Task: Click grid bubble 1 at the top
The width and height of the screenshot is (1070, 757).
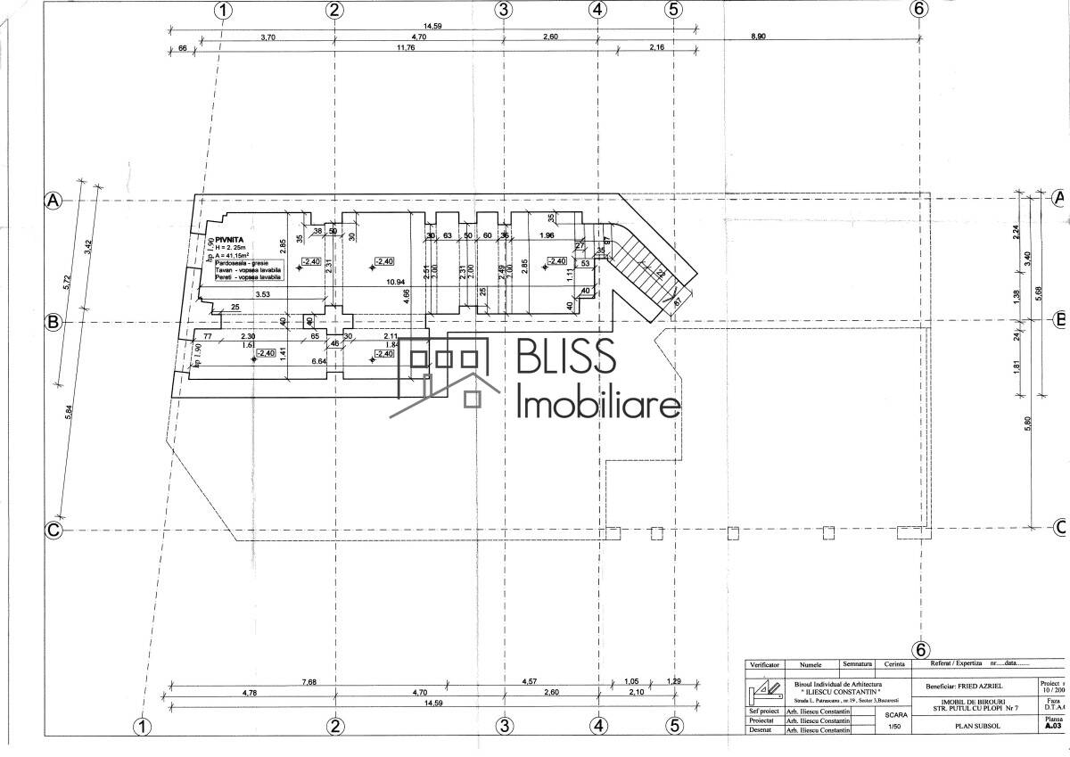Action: (x=222, y=10)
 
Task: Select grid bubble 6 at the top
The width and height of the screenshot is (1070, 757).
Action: (x=919, y=10)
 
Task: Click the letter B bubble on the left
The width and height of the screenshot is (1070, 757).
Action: (x=53, y=322)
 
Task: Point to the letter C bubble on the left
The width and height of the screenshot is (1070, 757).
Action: (x=53, y=531)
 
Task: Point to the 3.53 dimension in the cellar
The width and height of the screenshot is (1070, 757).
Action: (x=263, y=293)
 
